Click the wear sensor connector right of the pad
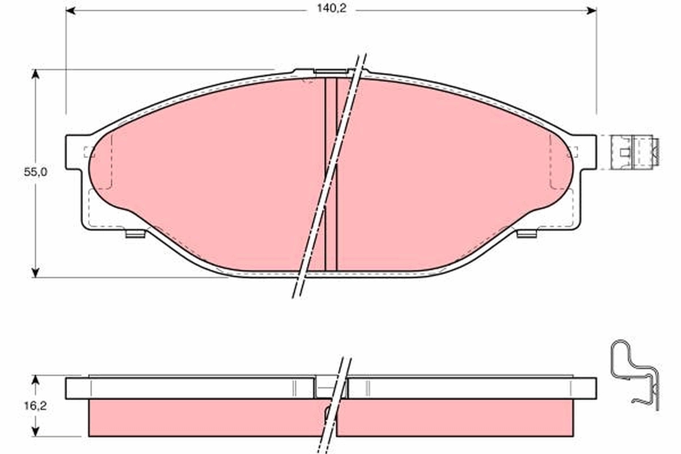tap(634, 152)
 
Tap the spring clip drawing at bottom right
tap(636, 375)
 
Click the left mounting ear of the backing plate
tap(77, 152)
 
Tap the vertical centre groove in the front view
tap(331, 170)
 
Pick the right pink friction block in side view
tap(454, 418)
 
